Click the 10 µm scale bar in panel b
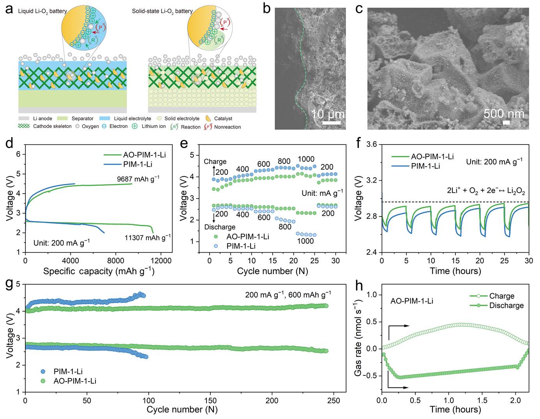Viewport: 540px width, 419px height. (331, 123)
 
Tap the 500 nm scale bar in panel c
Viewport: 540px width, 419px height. (506, 123)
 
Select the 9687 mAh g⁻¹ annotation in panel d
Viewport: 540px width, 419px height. (138, 179)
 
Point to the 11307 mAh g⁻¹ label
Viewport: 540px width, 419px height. (148, 237)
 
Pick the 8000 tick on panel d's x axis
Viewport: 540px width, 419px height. (115, 261)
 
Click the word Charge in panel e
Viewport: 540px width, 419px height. (215, 162)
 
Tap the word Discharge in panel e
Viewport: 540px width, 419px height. (220, 227)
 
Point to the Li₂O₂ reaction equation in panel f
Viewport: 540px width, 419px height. (486, 191)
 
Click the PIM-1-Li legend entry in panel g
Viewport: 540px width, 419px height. (68, 371)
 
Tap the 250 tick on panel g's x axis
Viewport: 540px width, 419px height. (334, 400)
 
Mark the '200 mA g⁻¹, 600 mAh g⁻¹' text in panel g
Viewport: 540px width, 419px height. (288, 294)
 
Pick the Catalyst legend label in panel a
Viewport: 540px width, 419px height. (223, 118)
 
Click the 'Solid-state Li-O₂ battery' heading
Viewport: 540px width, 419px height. (162, 11)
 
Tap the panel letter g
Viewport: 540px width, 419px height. (11, 285)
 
